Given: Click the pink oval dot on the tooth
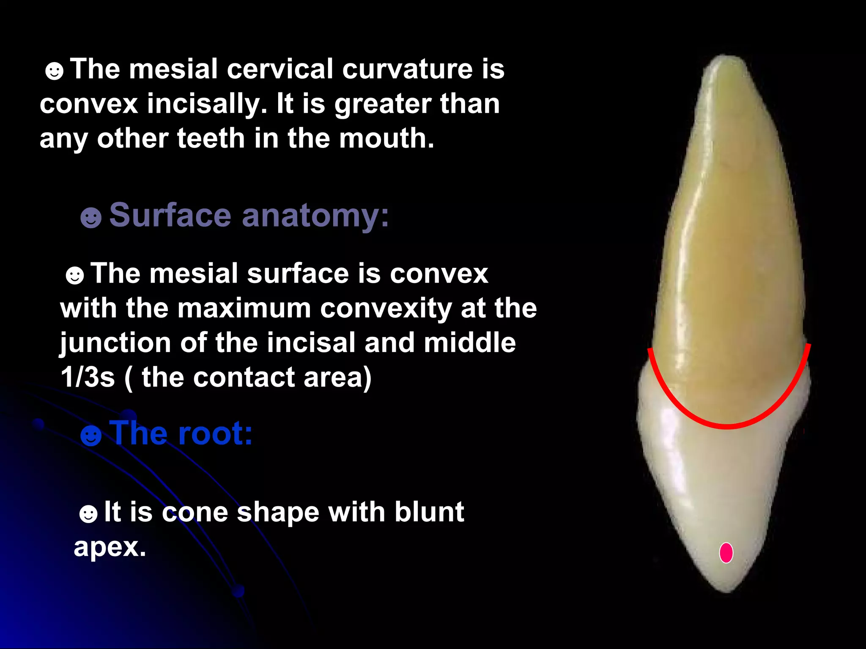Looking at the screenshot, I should coord(726,553).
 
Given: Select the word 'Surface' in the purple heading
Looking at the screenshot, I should coord(170,215).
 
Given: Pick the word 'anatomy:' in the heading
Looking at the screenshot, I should coord(315,216).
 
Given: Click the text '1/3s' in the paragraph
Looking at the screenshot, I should coord(88,377).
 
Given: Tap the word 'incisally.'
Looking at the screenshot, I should coord(207,104).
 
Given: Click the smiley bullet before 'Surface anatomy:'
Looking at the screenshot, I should coord(91,218).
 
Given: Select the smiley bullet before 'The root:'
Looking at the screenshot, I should coord(91,436).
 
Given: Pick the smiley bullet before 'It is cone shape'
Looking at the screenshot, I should coord(88,514).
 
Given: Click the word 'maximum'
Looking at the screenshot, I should coord(244,308).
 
